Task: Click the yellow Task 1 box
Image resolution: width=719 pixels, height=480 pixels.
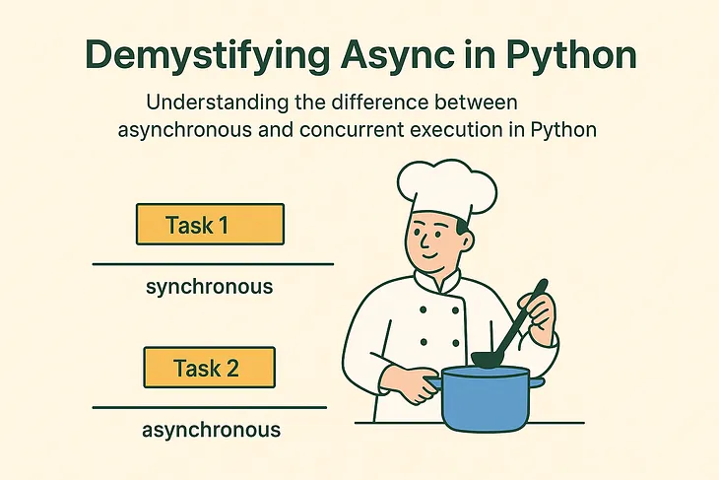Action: pyautogui.click(x=210, y=224)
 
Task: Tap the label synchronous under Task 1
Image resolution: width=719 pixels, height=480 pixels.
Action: pyautogui.click(x=209, y=287)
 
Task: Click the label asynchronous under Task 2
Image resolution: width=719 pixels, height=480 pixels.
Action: pyautogui.click(x=211, y=430)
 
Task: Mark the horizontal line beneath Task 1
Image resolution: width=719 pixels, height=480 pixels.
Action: pyautogui.click(x=213, y=264)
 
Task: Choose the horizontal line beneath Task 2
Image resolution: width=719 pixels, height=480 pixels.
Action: pyautogui.click(x=210, y=407)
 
